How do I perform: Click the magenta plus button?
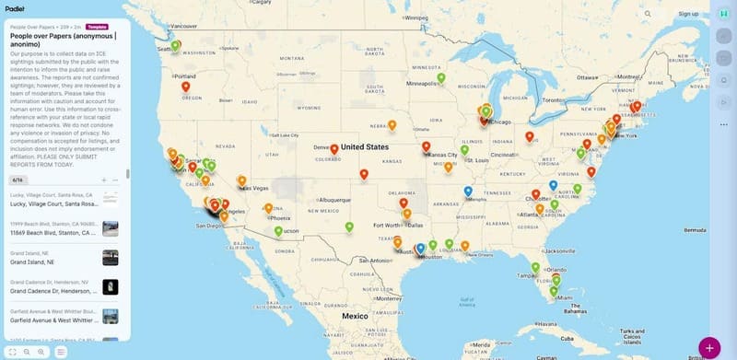tap(709, 348)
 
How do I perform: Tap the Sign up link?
tap(688, 14)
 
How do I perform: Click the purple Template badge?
tap(97, 27)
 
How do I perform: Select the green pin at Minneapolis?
tap(441, 77)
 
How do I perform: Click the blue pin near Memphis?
tap(468, 192)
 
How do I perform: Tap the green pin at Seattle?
tap(175, 45)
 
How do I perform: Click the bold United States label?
tap(365, 146)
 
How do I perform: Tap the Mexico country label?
tap(355, 316)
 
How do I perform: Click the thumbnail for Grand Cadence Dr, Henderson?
tap(111, 287)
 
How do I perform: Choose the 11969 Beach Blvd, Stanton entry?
tap(53, 233)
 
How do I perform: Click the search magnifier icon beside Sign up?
tap(648, 14)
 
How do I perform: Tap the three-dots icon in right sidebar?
tap(724, 124)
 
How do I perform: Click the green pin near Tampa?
tap(535, 268)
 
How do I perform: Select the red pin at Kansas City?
tap(426, 145)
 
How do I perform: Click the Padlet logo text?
tap(14, 6)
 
